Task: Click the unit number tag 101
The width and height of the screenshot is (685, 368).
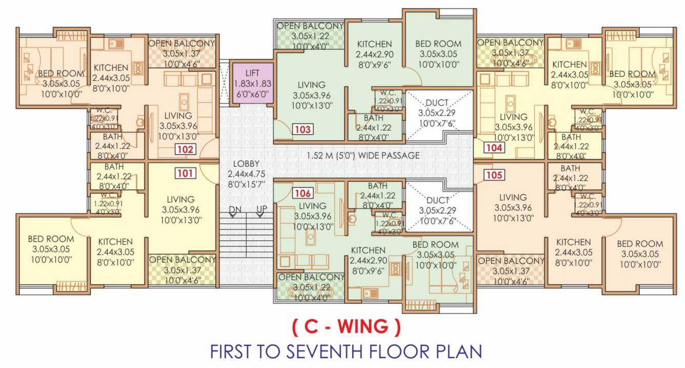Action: pyautogui.click(x=185, y=173)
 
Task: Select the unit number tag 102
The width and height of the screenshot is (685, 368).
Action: pyautogui.click(x=185, y=149)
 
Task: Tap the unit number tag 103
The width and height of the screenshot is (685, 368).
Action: pyautogui.click(x=303, y=129)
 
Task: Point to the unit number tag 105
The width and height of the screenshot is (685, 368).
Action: pyautogui.click(x=494, y=175)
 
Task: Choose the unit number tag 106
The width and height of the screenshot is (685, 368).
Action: pyautogui.click(x=303, y=193)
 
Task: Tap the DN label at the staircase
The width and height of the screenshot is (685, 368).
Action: pyautogui.click(x=235, y=209)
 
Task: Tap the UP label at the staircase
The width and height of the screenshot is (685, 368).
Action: pyautogui.click(x=261, y=209)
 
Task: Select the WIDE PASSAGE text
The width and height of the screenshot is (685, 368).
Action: pyautogui.click(x=384, y=155)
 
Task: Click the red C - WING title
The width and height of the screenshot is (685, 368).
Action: pyautogui.click(x=346, y=326)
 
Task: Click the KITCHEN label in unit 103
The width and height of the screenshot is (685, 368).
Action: pyautogui.click(x=375, y=44)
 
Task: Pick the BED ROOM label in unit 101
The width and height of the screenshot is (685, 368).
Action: pyautogui.click(x=51, y=239)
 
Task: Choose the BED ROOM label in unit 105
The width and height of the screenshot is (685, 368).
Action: pyautogui.click(x=639, y=244)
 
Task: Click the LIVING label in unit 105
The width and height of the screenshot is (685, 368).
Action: pyautogui.click(x=513, y=197)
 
